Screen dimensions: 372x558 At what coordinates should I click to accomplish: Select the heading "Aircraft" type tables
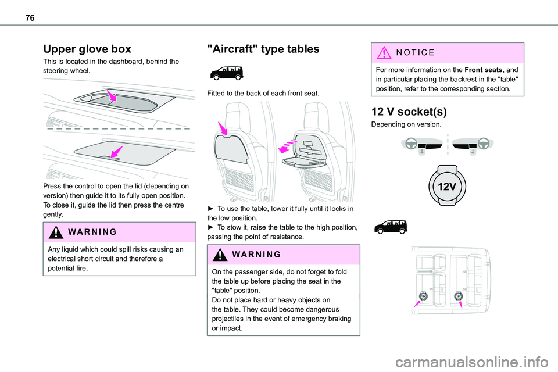pyautogui.click(x=263, y=49)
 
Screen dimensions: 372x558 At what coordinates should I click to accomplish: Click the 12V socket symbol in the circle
pyautogui.click(x=447, y=187)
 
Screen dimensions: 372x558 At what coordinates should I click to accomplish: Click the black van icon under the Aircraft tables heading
pyautogui.click(x=226, y=73)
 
